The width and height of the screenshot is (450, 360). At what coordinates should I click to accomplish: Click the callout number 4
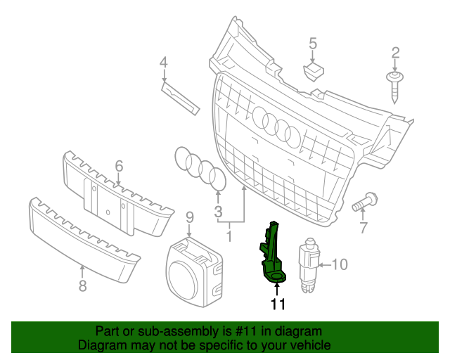coord(163,63)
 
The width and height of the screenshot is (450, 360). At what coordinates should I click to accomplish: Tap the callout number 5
coord(313,45)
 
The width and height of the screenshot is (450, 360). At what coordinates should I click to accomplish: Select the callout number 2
coord(395,52)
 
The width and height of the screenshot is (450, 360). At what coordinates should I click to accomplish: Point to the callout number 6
coord(119,166)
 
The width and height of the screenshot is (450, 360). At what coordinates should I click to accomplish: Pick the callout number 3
coord(218,211)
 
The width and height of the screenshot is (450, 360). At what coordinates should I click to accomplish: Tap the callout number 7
coord(364,228)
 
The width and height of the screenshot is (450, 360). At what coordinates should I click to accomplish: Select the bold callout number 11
coord(278,304)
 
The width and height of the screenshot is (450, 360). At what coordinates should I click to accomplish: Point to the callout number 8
coord(82,285)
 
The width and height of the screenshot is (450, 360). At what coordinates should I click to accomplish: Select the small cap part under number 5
coord(313,70)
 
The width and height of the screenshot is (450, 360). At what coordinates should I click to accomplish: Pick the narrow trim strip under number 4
coord(179,96)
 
